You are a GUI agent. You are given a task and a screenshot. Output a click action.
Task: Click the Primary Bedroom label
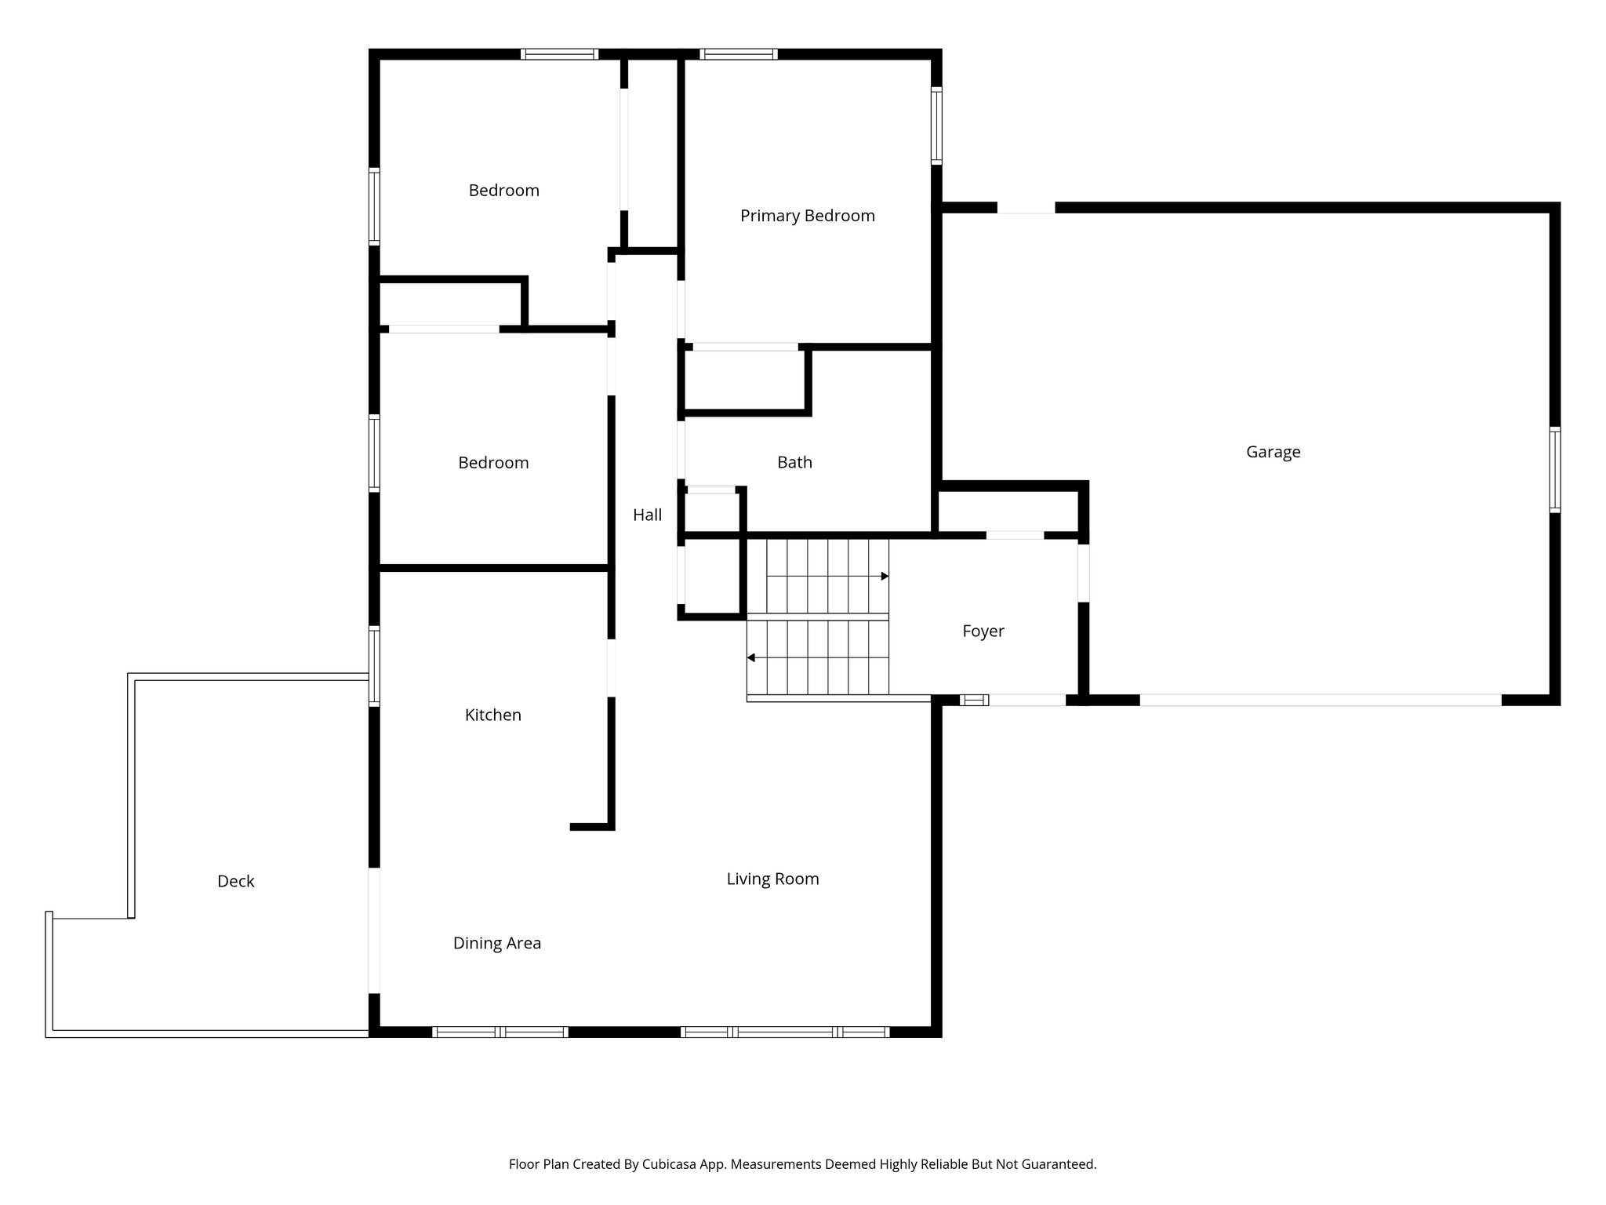807,216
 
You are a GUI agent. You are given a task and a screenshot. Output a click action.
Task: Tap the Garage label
1273,452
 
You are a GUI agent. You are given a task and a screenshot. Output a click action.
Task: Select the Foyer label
983,632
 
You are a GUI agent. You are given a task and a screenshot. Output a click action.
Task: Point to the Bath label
794,463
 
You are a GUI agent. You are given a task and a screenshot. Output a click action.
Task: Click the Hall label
647,515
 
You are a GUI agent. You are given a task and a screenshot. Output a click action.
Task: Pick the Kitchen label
492,715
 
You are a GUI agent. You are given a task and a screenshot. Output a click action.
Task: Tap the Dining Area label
496,944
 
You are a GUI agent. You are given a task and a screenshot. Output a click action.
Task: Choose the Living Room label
772,879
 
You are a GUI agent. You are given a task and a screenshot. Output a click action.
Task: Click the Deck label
235,882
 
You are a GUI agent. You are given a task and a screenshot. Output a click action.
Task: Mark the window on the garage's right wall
1554,469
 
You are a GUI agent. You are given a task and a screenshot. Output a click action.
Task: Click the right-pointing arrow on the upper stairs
885,577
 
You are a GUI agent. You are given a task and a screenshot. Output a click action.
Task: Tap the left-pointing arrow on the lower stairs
751,657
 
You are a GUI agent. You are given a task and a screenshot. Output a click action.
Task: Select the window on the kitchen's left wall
375,666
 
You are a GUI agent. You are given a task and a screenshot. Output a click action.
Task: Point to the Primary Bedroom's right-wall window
936,126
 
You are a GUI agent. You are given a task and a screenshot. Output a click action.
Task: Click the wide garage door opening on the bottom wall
1320,700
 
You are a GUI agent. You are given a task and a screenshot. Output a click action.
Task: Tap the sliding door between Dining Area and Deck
375,930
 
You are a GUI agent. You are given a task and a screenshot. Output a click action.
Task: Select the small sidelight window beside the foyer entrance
974,701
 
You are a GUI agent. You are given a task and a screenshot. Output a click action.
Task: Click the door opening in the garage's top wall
1026,208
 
